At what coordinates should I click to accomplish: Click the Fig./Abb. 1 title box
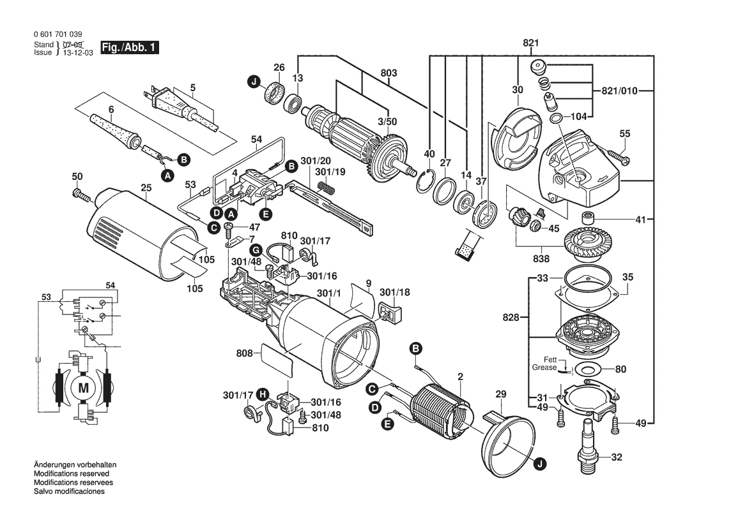[x=130, y=47]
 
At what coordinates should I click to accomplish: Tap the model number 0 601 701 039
[x=58, y=34]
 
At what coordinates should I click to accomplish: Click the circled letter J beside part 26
[x=254, y=82]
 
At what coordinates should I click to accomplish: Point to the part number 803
[x=389, y=73]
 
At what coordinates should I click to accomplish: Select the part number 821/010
[x=619, y=91]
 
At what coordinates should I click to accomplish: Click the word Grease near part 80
[x=544, y=367]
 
